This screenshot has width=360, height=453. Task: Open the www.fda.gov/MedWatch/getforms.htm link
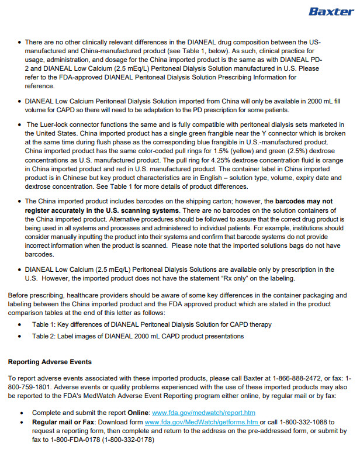click(201, 422)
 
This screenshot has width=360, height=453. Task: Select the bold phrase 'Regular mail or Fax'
click(64, 422)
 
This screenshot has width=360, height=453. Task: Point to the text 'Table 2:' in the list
click(44, 336)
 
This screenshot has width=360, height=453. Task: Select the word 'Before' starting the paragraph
click(19, 295)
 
